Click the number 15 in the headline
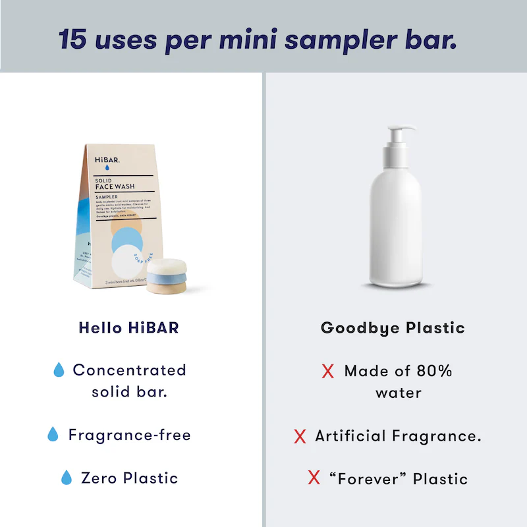pyautogui.click(x=72, y=39)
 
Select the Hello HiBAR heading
pyautogui.click(x=128, y=327)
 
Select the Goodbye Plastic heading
pyautogui.click(x=393, y=327)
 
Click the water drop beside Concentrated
pyautogui.click(x=59, y=370)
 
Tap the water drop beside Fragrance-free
pyautogui.click(x=53, y=434)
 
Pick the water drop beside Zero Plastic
pyautogui.click(x=66, y=478)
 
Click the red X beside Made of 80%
pyautogui.click(x=327, y=372)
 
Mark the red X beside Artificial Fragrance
pyautogui.click(x=300, y=436)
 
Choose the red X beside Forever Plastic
pyautogui.click(x=314, y=478)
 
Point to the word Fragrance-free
pyautogui.click(x=129, y=435)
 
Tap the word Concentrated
pyautogui.click(x=129, y=370)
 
